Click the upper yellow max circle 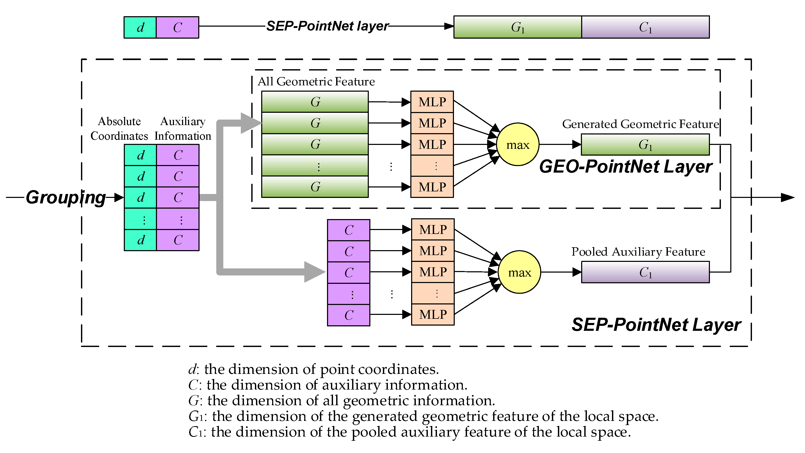tap(517, 144)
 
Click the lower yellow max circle tap(519, 272)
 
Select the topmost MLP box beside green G tap(432, 102)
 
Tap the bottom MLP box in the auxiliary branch tap(433, 314)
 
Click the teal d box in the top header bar tap(140, 27)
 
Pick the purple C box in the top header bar tap(178, 27)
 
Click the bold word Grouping tap(66, 197)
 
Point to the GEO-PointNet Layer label tap(626, 167)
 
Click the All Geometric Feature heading tap(316, 81)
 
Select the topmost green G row tap(315, 102)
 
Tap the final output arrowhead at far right tap(787, 197)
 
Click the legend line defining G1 tap(423, 416)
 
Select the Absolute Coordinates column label tap(119, 128)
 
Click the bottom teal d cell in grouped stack tap(140, 240)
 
